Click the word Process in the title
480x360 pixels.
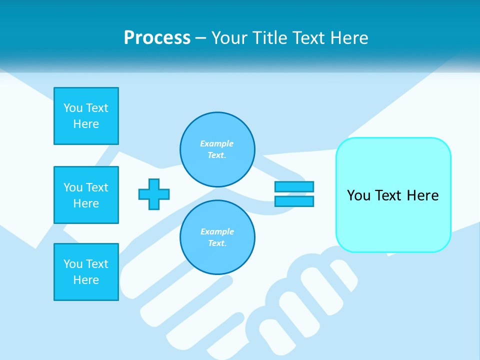[157, 38]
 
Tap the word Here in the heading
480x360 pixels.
[348, 38]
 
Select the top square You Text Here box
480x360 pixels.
[86, 116]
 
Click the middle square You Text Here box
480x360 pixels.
[86, 195]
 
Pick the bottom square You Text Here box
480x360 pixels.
[86, 272]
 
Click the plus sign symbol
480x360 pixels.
[154, 194]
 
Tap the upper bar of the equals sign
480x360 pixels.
[294, 186]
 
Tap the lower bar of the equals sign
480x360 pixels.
[294, 201]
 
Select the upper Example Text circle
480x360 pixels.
[217, 149]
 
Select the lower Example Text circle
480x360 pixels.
[217, 237]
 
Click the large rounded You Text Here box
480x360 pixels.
[393, 195]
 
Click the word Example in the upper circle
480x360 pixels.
[216, 143]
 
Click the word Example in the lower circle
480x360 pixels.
[217, 231]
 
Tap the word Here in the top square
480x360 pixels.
[86, 124]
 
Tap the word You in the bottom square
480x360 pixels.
[73, 264]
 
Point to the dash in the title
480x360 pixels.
[201, 38]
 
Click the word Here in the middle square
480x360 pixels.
[86, 203]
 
